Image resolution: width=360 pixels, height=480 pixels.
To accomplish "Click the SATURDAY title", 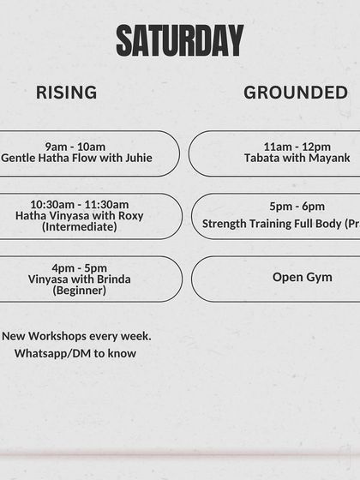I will click(x=180, y=40).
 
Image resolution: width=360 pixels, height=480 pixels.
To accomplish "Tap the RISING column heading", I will click(x=66, y=93).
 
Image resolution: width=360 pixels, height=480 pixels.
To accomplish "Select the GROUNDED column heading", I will click(x=296, y=93).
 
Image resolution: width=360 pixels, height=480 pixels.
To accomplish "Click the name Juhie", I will click(x=136, y=158).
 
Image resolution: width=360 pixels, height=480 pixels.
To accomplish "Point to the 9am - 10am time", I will click(x=75, y=146).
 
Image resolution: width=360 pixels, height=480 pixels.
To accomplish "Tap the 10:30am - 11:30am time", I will click(x=79, y=204).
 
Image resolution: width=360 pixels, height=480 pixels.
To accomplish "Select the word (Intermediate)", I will click(x=79, y=227).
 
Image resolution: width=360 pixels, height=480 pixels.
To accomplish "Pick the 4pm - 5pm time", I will click(x=79, y=267).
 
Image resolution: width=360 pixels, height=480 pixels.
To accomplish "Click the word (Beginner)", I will click(x=79, y=291).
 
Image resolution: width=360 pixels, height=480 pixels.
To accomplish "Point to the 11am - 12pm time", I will click(x=297, y=147).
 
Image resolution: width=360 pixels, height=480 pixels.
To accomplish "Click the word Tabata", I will click(x=262, y=158).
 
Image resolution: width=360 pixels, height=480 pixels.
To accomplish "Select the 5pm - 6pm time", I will click(x=297, y=207).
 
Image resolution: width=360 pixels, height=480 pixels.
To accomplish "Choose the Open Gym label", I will click(x=302, y=277).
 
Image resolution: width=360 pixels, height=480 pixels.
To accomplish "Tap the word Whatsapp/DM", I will click(x=51, y=353).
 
